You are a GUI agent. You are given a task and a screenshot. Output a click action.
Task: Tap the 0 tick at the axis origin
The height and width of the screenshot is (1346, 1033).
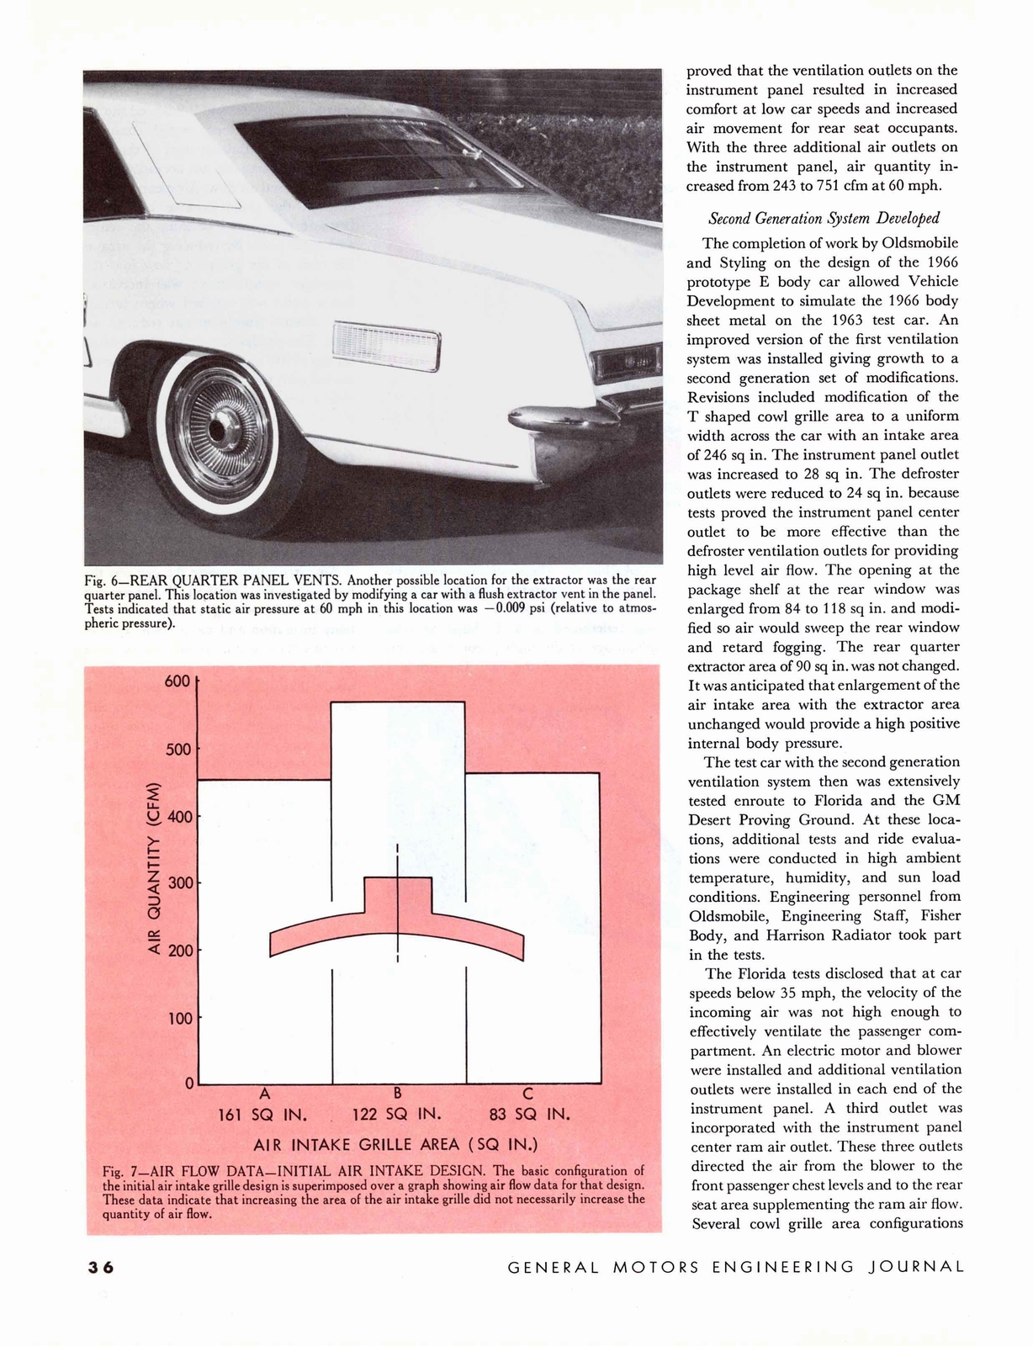point(189,1081)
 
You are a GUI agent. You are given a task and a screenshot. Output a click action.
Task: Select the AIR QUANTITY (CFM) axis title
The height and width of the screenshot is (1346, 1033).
point(154,869)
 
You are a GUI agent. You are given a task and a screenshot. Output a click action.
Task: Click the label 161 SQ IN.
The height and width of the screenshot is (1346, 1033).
point(262,1115)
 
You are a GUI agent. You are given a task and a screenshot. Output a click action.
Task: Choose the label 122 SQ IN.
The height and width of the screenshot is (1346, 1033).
point(396,1115)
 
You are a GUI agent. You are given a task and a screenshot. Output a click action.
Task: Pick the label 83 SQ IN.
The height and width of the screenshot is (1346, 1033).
point(530,1115)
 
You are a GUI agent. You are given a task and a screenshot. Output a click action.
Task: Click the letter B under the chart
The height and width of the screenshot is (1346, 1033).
point(398,1094)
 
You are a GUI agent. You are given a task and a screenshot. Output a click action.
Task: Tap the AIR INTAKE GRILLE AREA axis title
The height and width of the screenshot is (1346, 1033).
point(395,1144)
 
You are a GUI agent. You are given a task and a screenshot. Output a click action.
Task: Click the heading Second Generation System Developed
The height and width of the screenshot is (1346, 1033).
point(823,219)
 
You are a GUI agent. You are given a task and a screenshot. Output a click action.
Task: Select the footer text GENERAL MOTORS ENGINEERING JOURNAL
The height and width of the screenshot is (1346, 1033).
point(736,1267)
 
